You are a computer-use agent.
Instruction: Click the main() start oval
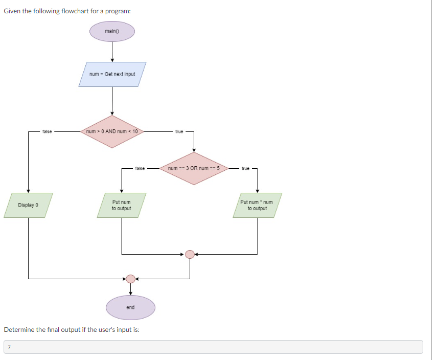tap(112, 31)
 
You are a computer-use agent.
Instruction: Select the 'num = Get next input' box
tap(112, 74)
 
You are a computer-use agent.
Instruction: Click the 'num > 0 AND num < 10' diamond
tap(112, 131)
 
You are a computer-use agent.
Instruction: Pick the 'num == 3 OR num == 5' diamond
tap(193, 168)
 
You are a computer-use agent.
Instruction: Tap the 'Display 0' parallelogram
tap(28, 205)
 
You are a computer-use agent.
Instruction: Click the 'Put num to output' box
tap(121, 205)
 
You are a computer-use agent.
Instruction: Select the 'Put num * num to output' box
tap(257, 205)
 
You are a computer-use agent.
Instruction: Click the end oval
tap(130, 307)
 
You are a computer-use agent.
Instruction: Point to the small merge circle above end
tap(130, 279)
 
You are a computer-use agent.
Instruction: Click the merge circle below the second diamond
tap(190, 254)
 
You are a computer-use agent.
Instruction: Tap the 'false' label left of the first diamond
tap(47, 131)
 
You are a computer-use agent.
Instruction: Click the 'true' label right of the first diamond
tap(179, 131)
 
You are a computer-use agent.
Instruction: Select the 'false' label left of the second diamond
tap(140, 168)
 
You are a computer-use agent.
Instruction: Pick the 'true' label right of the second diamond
tap(245, 168)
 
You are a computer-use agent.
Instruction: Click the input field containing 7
tap(213, 347)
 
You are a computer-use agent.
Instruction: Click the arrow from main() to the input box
tap(112, 51)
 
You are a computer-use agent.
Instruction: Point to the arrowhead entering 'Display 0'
tap(28, 190)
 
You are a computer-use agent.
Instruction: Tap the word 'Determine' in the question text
tap(19, 329)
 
